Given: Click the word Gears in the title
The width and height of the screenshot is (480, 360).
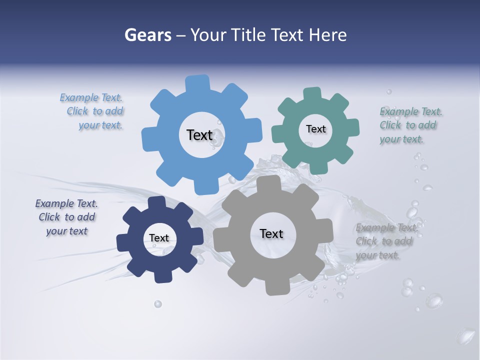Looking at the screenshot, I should point(147,35).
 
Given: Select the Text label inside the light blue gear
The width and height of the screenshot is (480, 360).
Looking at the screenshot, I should point(199,135).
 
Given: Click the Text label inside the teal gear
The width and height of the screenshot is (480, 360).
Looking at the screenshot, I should point(315,129).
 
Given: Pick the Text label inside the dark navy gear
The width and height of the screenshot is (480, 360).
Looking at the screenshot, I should point(158,238).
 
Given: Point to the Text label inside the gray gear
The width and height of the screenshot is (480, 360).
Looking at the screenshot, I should point(271,233).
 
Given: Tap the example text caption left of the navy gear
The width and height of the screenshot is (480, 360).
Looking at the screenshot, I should point(66,217).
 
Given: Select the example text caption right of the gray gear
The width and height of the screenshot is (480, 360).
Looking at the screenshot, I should point(385,241).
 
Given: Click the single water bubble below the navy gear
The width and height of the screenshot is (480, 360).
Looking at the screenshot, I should point(158,303).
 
